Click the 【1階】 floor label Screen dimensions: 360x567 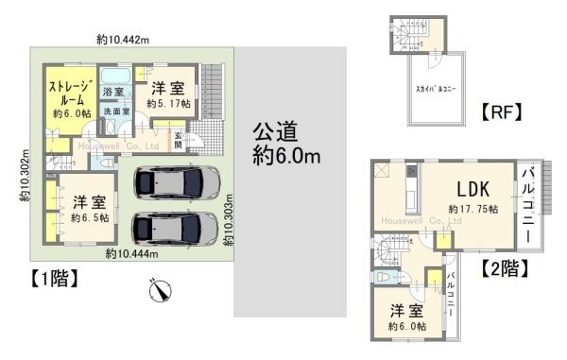[45, 279]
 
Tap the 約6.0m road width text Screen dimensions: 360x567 [286, 154]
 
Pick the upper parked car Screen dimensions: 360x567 [178, 181]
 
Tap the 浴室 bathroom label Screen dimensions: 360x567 [113, 92]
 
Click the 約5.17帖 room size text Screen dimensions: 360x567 [167, 103]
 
